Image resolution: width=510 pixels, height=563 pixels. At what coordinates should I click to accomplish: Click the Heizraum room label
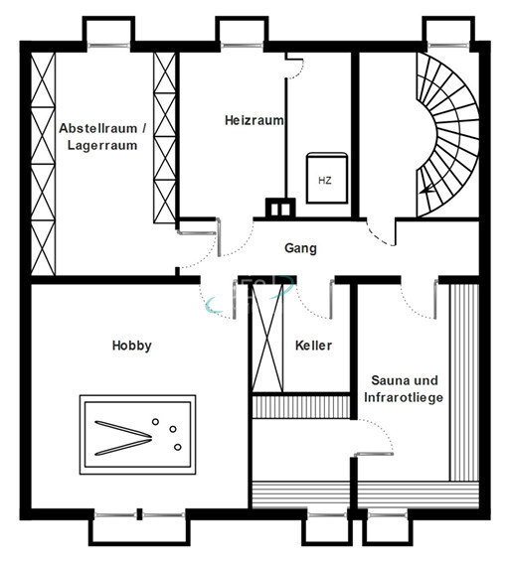pyautogui.click(x=255, y=120)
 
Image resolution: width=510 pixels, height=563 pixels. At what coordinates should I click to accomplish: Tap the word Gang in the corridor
pyautogui.click(x=300, y=248)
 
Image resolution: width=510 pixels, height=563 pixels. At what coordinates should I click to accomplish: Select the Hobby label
pyautogui.click(x=132, y=346)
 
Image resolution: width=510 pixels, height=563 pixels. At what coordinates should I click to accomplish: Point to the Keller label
pyautogui.click(x=313, y=346)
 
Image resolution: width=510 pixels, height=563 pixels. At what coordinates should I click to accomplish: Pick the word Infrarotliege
pyautogui.click(x=404, y=398)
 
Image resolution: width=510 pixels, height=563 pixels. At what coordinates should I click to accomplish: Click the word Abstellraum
pyautogui.click(x=98, y=128)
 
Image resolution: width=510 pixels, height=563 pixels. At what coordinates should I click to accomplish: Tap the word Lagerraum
pyautogui.click(x=102, y=145)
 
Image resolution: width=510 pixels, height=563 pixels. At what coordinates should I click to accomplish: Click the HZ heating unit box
pyautogui.click(x=327, y=178)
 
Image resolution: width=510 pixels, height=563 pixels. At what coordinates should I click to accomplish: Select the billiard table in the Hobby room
pyautogui.click(x=137, y=435)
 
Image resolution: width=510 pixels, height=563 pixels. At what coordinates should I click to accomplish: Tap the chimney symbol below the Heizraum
pyautogui.click(x=280, y=208)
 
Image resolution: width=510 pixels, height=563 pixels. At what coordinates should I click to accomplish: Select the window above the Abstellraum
pyautogui.click(x=108, y=46)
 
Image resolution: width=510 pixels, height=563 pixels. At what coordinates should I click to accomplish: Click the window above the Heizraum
pyautogui.click(x=242, y=46)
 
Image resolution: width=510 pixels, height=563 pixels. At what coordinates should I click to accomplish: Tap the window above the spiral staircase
pyautogui.click(x=448, y=46)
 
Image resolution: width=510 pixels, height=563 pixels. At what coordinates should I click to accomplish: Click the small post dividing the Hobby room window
pyautogui.click(x=139, y=514)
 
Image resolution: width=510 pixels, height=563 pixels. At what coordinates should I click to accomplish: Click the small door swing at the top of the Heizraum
pyautogui.click(x=297, y=69)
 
